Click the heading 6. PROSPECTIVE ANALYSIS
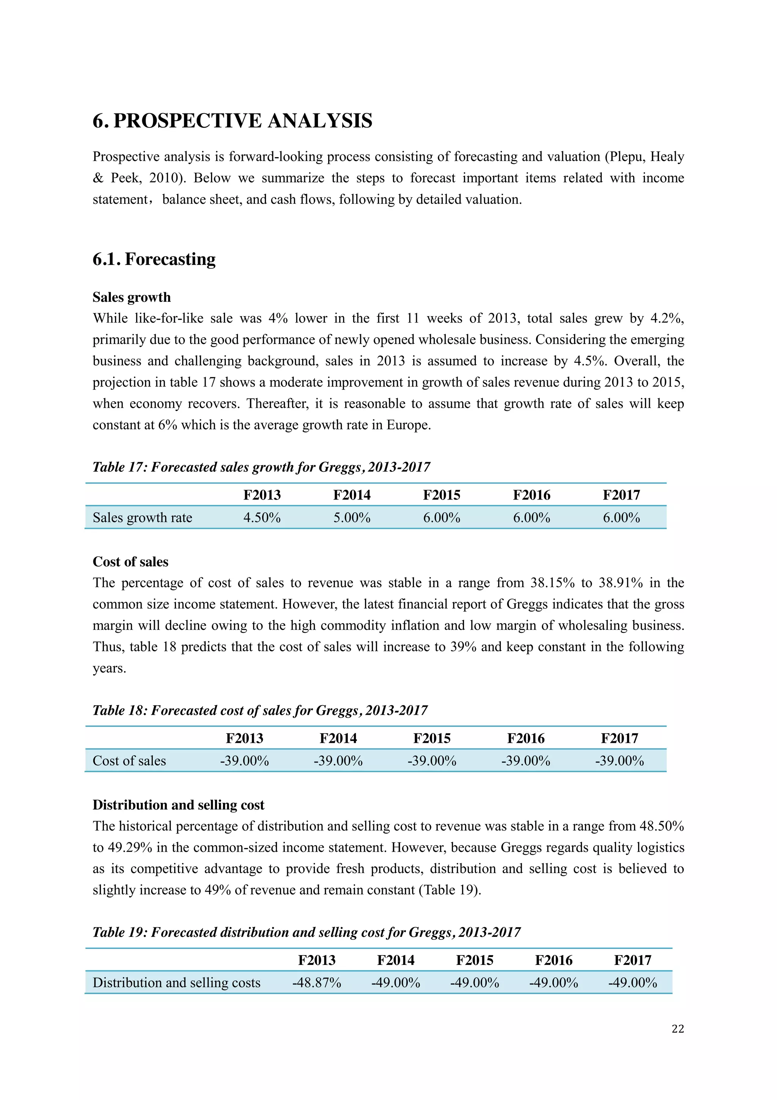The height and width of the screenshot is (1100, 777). tap(232, 121)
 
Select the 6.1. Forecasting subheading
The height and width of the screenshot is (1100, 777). tap(154, 259)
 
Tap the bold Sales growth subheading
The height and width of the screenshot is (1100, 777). tap(132, 297)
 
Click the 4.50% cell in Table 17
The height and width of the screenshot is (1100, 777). tap(262, 517)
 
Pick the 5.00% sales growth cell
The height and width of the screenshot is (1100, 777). tap(352, 517)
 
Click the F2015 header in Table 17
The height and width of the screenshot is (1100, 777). tap(441, 495)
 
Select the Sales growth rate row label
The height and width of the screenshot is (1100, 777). tap(142, 517)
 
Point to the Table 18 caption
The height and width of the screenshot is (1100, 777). tap(260, 710)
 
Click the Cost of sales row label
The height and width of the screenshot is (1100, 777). tap(129, 761)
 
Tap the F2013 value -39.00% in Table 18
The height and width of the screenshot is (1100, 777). tap(245, 761)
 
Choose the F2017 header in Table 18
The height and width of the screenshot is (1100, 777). tap(620, 738)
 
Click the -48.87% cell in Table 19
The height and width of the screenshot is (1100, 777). tap(316, 983)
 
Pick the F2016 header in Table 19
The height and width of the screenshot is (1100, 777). tap(554, 960)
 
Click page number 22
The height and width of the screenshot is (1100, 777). tap(678, 1029)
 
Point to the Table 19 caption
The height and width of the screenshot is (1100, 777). tap(307, 932)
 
